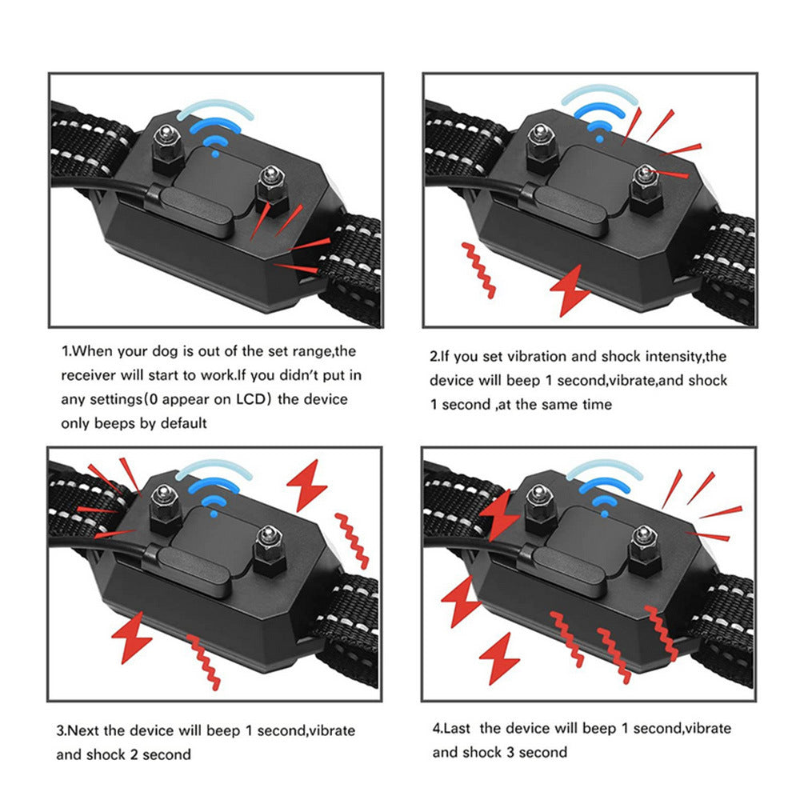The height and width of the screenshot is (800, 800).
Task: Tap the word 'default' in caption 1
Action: pos(181,423)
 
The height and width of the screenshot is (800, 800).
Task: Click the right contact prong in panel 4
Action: pos(642,548)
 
